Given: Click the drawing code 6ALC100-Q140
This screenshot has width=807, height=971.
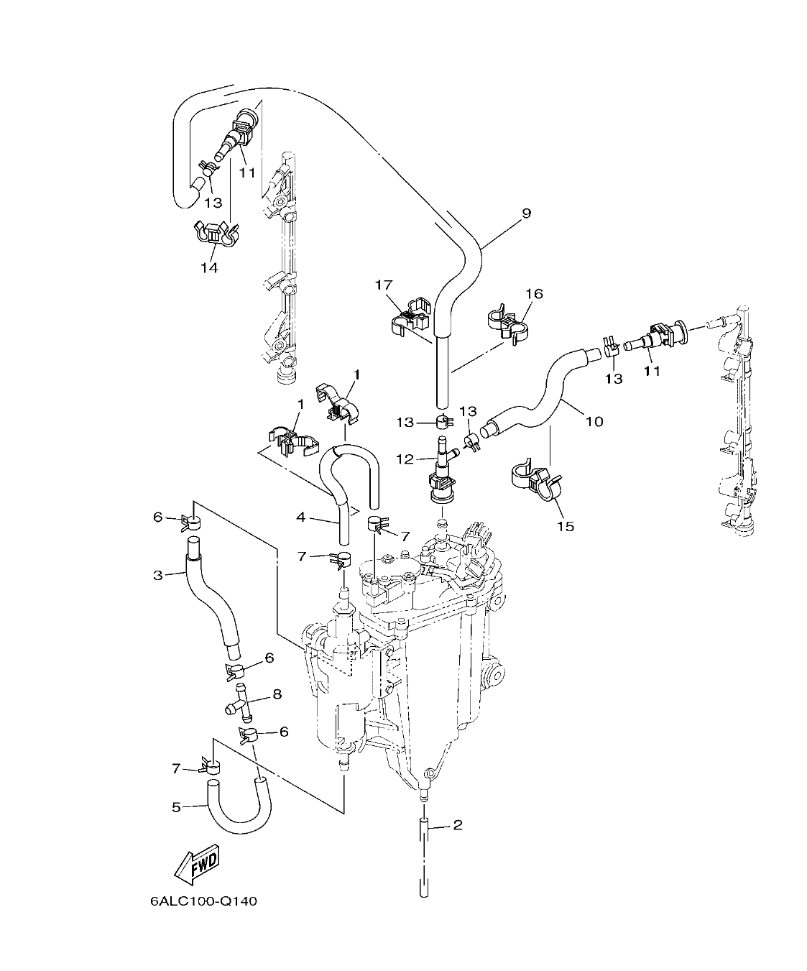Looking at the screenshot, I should click(203, 901).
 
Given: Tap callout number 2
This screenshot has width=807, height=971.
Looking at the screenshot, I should click(458, 824).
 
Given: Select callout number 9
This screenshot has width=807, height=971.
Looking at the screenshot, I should click(526, 213).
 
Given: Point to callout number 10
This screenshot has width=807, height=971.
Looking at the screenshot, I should click(594, 421).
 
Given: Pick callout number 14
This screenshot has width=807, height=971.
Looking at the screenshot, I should click(209, 267).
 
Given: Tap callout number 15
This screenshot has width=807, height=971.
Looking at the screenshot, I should click(566, 526).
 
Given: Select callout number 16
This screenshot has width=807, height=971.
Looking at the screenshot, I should click(534, 293).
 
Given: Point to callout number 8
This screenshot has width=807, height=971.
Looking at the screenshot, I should click(276, 694).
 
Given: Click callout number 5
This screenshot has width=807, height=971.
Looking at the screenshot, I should click(177, 807).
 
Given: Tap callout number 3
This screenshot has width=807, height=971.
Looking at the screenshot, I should click(157, 574).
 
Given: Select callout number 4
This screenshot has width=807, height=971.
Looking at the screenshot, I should click(301, 517).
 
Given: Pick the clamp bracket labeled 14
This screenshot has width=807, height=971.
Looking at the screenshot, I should click(215, 235).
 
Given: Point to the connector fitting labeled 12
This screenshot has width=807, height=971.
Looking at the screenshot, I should click(441, 467).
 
